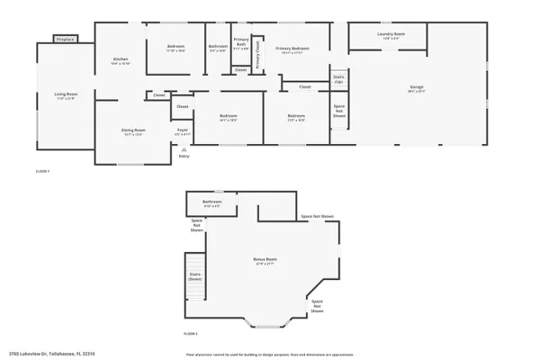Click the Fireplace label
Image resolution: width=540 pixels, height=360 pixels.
[65, 40]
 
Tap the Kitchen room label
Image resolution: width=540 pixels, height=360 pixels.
[121, 59]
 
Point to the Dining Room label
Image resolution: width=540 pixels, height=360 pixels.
[133, 131]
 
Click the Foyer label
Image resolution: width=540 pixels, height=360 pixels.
[182, 131]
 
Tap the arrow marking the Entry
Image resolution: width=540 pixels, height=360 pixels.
[184, 149]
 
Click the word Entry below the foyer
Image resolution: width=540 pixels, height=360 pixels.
[184, 157]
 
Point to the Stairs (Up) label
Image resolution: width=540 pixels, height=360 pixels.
[339, 79]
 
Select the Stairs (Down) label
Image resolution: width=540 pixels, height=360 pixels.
[194, 276]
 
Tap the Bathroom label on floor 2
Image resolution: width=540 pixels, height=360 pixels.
[211, 202]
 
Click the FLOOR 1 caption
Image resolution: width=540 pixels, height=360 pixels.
[42, 170]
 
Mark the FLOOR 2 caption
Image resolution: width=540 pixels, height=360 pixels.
[190, 334]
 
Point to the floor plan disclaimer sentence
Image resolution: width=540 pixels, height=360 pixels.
[270, 355]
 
